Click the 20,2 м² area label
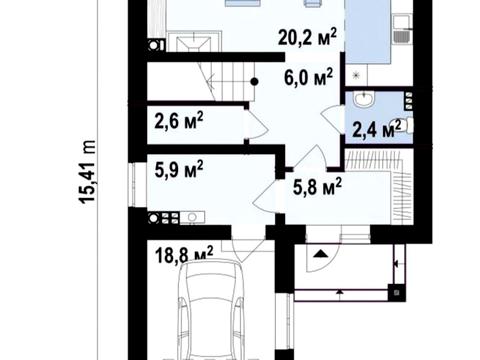tap(307, 37)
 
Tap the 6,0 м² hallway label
tap(308, 77)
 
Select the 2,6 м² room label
tap(179, 120)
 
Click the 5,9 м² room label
tap(179, 169)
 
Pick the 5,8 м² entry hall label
tap(317, 187)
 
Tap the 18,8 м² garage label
tap(184, 254)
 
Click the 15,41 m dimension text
tap(87, 172)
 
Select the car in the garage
tap(210, 310)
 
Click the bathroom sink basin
tap(364, 99)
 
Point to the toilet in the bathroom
tap(404, 125)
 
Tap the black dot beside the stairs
tap(254, 81)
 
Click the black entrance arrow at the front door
tap(320, 254)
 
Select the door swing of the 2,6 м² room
tap(258, 125)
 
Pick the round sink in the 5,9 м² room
tap(192, 218)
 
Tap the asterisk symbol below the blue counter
tap(356, 75)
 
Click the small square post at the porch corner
tap(396, 293)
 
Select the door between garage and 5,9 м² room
tap(248, 251)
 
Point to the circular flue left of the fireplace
tap(154, 45)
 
